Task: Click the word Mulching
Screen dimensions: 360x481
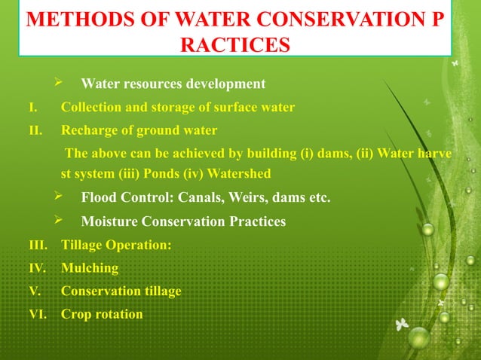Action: tap(90, 268)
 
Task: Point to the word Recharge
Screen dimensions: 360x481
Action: tap(90, 130)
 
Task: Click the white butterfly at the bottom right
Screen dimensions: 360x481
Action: tap(403, 325)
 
